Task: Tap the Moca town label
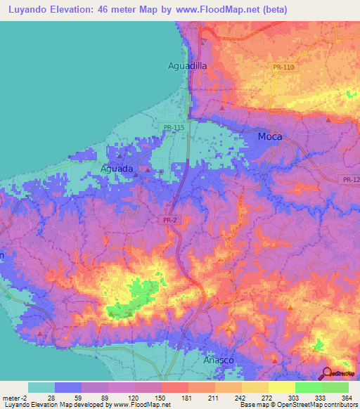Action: tap(269, 137)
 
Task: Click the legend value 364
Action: tap(345, 397)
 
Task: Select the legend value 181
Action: tap(185, 397)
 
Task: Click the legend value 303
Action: tap(292, 397)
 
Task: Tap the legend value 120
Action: tap(131, 397)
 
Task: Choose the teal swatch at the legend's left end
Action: tap(41, 387)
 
